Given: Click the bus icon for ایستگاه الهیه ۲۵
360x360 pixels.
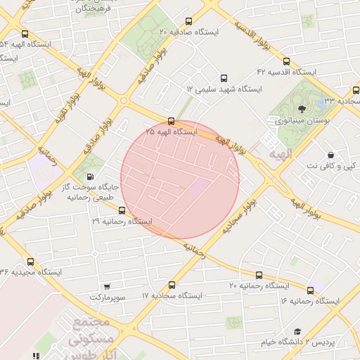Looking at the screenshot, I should click(172, 121).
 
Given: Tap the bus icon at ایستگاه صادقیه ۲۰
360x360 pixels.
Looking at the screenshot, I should click(188, 22).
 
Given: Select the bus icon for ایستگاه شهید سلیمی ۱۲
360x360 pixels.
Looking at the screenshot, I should click(224, 79).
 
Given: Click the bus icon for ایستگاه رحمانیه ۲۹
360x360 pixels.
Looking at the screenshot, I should click(122, 210).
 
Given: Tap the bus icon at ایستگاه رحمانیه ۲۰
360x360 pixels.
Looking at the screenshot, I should click(259, 275).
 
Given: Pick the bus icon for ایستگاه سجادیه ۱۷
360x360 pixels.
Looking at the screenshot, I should click(172, 285).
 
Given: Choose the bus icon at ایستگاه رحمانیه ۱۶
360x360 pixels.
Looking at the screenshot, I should click(310, 290).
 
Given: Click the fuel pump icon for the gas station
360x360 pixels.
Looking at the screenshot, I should click(89, 177).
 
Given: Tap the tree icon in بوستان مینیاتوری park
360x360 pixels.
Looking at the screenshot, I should click(302, 109).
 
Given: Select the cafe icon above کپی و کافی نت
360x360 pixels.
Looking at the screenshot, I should click(330, 155).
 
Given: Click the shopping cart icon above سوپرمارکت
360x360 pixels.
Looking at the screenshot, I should click(107, 287).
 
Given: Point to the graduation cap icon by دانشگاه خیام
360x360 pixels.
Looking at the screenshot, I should click(297, 330).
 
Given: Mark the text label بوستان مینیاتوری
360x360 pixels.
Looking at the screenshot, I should click(297, 121).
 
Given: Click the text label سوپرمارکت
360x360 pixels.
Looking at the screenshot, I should click(107, 298).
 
